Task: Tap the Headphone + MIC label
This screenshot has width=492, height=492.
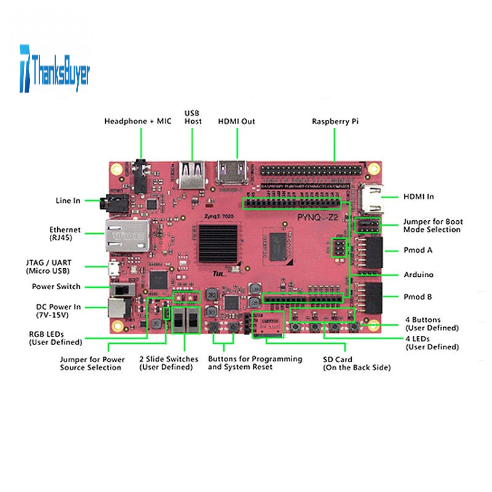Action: [x=137, y=121]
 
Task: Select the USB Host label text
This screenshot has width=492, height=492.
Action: [x=193, y=117]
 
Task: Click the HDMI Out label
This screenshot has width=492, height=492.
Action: [x=237, y=121]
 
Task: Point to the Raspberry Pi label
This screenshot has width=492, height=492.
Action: [x=335, y=121]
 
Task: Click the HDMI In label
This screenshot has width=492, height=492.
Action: [x=418, y=196]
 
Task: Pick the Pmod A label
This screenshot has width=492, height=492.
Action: [x=418, y=250]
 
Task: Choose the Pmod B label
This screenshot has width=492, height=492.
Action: [x=418, y=296]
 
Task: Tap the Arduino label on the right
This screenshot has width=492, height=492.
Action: [x=418, y=274]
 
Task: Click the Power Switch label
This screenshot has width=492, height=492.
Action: [x=56, y=287]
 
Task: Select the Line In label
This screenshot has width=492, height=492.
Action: [x=68, y=200]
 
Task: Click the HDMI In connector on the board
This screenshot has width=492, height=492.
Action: [x=373, y=197]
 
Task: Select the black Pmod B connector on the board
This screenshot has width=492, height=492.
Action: [x=371, y=298]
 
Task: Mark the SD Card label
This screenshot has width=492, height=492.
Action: [x=357, y=363]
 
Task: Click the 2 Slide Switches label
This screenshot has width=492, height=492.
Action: [x=169, y=363]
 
